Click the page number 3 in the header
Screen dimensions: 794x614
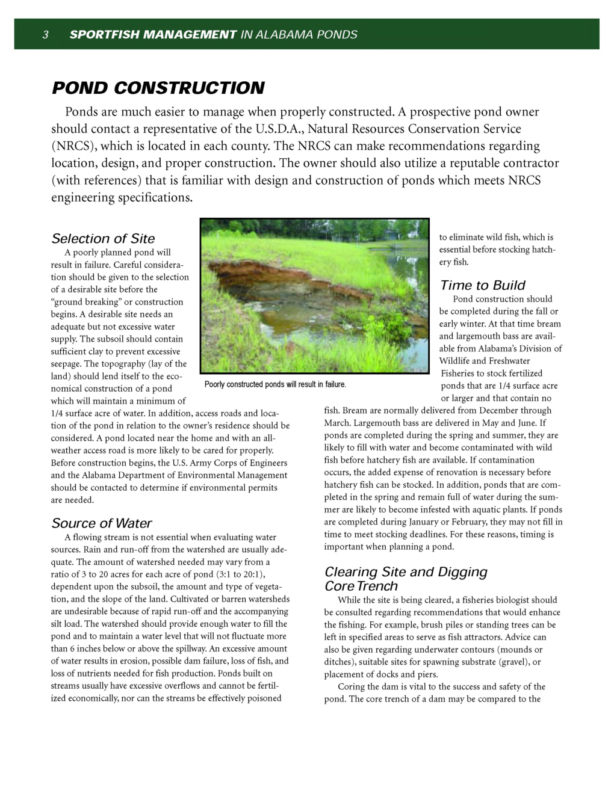45,35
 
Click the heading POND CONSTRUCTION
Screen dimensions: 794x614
158,88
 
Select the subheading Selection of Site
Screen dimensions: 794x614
103,238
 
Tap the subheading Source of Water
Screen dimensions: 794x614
101,523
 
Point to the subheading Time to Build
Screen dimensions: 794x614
482,285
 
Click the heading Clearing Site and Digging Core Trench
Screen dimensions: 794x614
405,579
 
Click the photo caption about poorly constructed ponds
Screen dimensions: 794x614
275,384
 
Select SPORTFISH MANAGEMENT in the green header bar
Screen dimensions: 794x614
153,35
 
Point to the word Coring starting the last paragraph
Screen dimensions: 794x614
351,686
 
